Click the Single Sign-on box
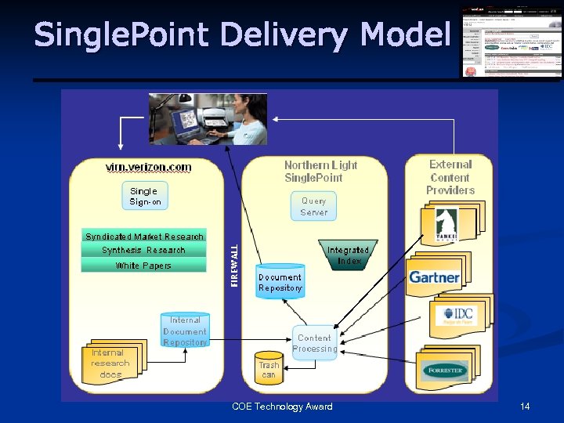(144, 196)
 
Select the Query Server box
(314, 206)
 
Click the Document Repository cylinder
(280, 281)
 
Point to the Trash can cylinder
(269, 369)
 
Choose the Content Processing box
(315, 343)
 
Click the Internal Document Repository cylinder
(185, 331)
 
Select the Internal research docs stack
(112, 363)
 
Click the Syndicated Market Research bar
(144, 236)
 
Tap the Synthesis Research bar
(144, 250)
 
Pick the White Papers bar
(144, 266)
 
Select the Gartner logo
(434, 277)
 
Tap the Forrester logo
(444, 371)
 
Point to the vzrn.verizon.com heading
(148, 166)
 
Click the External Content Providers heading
(450, 177)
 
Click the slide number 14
(525, 407)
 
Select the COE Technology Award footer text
(282, 407)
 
